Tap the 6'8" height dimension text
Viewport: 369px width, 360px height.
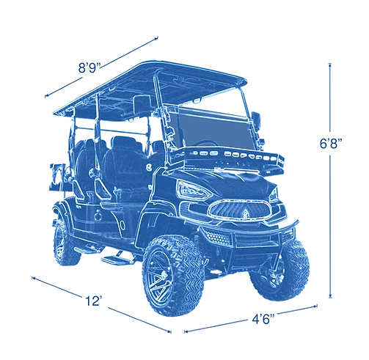tap(327, 144)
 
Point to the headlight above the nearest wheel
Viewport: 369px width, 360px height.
tap(192, 188)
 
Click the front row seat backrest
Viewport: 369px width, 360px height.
tap(117, 165)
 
